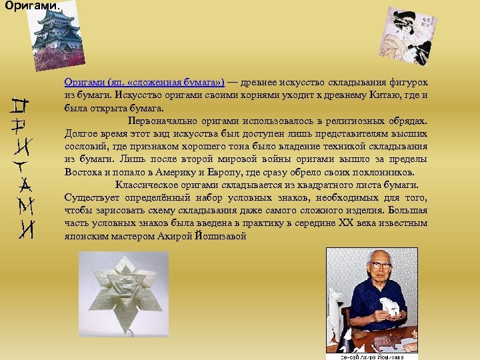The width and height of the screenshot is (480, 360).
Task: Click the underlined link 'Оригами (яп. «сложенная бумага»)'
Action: pyautogui.click(x=144, y=83)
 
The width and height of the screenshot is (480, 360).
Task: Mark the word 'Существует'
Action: pyautogui.click(x=90, y=197)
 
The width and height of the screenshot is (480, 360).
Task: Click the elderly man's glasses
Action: pyautogui.click(x=380, y=265)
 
